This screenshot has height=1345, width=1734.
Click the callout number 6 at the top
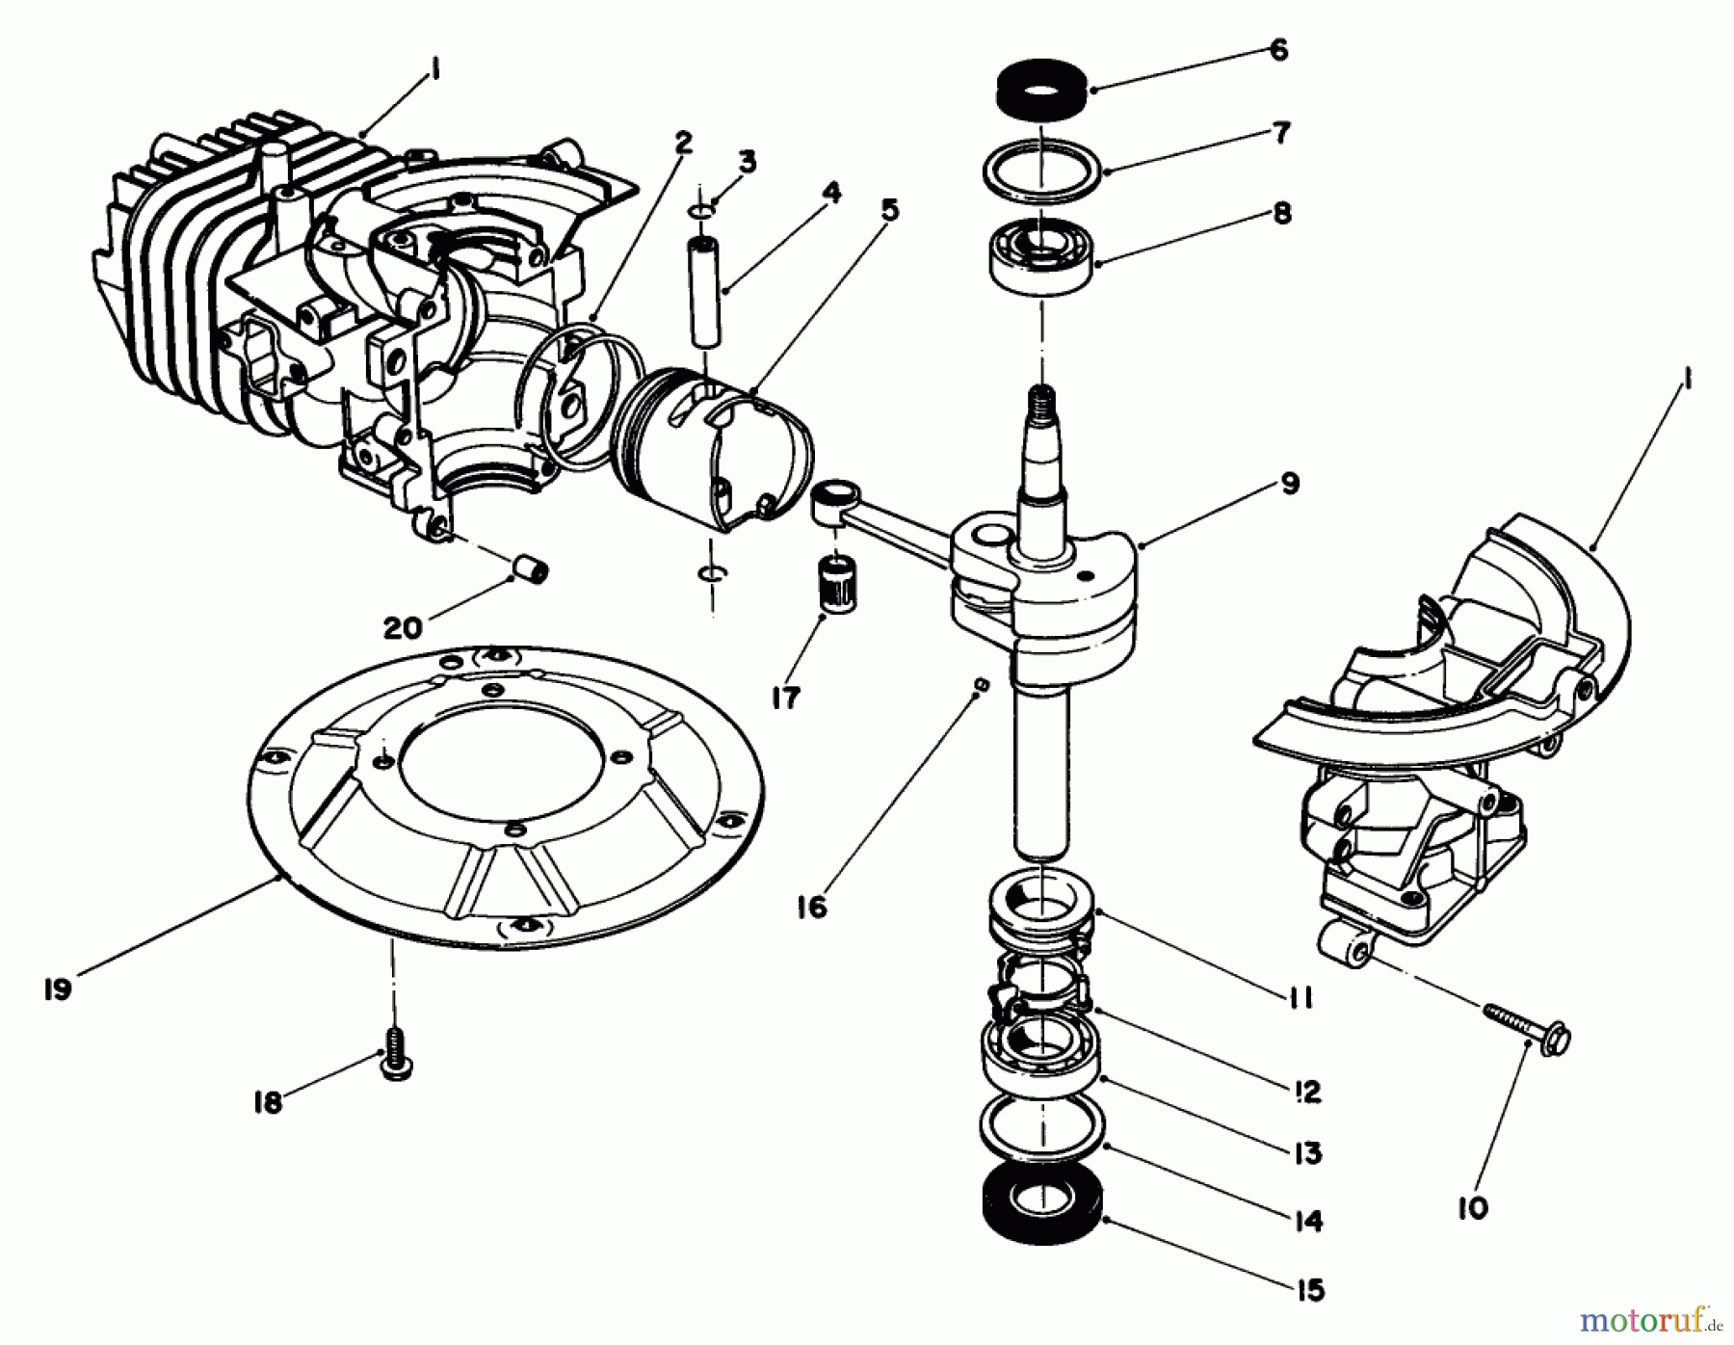[1278, 50]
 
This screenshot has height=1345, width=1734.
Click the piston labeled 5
[718, 448]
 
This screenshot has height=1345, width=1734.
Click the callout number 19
[58, 989]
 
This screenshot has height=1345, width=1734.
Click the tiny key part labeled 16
[980, 684]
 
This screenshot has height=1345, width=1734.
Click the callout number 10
[1473, 1207]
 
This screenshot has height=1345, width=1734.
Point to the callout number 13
[1307, 1152]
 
